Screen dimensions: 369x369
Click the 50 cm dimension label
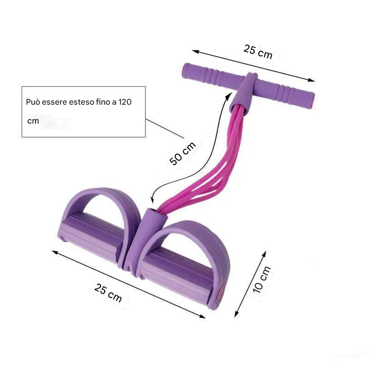point(182,153)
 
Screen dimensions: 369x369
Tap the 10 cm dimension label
point(262,280)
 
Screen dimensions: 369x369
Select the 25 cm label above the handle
point(258,52)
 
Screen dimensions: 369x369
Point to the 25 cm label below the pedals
point(108,292)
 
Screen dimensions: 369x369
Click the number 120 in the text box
point(125,102)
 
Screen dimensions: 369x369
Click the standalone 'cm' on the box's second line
point(33,121)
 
